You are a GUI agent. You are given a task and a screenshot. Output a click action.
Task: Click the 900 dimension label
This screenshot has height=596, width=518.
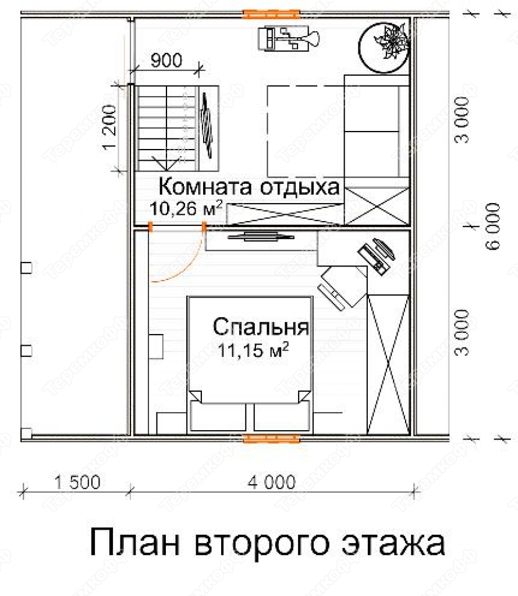tap(166, 61)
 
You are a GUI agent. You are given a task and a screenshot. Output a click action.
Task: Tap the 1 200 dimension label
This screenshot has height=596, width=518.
tap(110, 127)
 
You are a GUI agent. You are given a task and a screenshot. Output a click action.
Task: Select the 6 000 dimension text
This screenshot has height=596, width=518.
tap(494, 226)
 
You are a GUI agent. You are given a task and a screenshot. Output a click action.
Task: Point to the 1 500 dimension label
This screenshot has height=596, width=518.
tap(77, 483)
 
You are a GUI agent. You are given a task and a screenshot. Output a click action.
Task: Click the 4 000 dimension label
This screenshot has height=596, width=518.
tap(271, 483)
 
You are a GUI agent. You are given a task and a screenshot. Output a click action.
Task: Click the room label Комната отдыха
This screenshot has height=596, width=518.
tap(249, 187)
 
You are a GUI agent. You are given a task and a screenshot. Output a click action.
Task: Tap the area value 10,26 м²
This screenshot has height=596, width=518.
tap(186, 208)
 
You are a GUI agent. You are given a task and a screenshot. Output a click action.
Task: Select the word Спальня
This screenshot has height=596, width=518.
tap(261, 327)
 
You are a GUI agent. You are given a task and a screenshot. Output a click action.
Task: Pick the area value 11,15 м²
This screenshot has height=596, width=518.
tap(253, 350)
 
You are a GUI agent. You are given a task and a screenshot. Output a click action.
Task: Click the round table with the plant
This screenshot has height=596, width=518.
tap(384, 48)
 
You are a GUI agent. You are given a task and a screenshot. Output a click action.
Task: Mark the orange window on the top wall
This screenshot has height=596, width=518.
tap(271, 14)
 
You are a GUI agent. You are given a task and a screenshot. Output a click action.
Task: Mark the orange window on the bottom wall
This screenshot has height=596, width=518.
tap(271, 439)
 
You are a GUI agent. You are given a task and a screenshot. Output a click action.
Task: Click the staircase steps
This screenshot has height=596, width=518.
tap(166, 128)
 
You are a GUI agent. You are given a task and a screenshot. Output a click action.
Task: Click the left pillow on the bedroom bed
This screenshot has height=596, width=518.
tap(217, 417)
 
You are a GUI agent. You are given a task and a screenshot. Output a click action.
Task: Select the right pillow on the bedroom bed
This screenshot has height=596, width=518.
tap(282, 417)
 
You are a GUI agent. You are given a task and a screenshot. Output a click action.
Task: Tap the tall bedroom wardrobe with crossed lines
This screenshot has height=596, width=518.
tap(388, 364)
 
